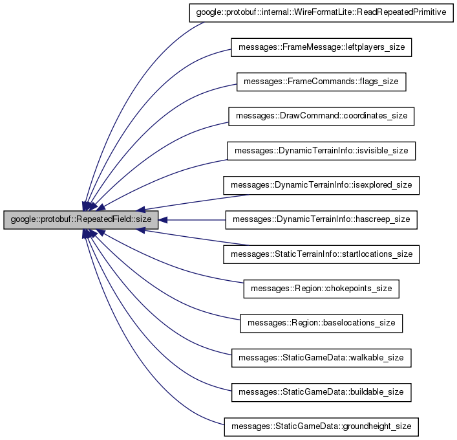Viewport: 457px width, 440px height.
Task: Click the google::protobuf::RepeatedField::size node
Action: (81, 219)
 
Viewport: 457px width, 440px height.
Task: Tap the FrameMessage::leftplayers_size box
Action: (321, 47)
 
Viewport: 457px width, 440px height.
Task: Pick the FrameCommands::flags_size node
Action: (321, 82)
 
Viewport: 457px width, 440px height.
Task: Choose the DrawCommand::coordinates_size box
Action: (321, 116)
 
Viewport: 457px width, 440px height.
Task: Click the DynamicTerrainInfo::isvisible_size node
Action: (321, 150)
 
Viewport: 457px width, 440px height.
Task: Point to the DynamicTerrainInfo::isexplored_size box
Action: (321, 185)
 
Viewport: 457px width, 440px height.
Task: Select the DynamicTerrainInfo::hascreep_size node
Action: (321, 219)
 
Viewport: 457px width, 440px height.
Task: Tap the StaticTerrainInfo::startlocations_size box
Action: (321, 254)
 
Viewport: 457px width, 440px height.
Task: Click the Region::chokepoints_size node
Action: (321, 288)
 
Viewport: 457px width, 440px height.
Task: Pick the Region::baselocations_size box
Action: (321, 322)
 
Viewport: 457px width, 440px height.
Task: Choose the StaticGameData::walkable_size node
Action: (321, 357)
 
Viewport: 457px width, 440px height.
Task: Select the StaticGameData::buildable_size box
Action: (321, 391)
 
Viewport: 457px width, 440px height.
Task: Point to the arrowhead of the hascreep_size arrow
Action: (164, 219)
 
